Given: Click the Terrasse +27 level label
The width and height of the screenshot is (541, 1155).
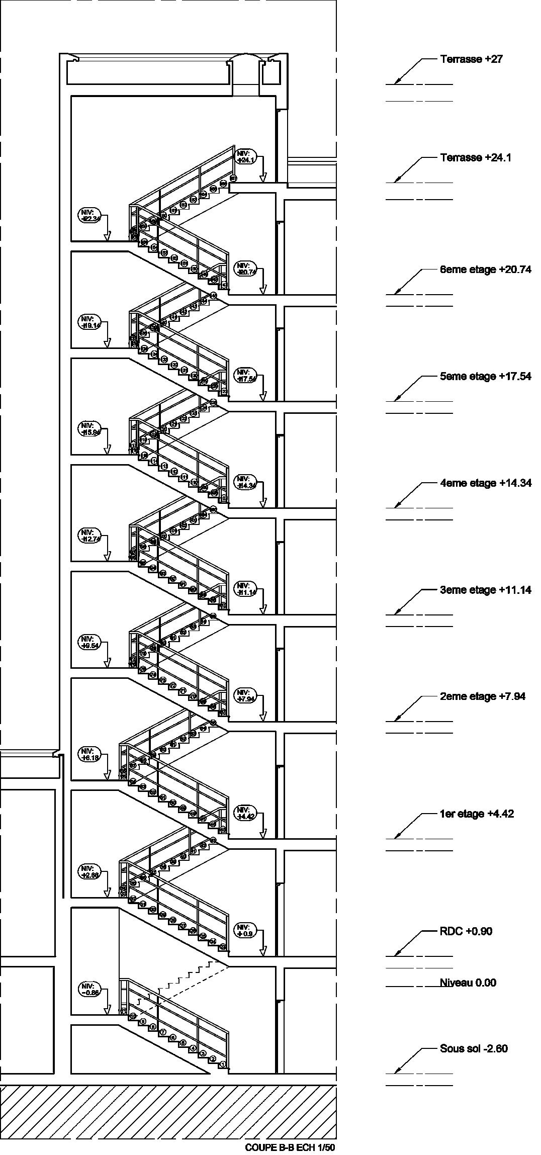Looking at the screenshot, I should pos(471,59).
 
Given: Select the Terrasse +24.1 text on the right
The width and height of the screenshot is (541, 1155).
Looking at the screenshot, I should pos(476,158).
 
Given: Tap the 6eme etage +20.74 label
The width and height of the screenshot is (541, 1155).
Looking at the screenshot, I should pos(485,270).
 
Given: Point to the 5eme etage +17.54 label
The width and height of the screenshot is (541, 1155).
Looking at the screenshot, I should pos(485,377).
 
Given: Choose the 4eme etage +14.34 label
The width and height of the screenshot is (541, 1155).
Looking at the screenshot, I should pos(485,483).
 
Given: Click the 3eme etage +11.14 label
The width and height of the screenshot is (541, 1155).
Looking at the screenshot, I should pos(485,590).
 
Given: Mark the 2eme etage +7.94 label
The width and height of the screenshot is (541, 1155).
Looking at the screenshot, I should pos(483,696).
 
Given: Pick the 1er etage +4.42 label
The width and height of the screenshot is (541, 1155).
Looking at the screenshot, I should pos(477,814).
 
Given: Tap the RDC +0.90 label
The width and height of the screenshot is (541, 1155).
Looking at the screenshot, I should pos(466,931).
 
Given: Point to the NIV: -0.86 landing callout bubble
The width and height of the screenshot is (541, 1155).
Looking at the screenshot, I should pos(89,989).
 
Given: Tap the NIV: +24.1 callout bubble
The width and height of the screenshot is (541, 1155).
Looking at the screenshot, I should pos(246,157).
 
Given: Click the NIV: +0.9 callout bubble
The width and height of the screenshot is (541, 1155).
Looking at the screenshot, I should pos(246,930).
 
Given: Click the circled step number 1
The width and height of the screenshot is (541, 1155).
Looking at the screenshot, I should pos(224,1064).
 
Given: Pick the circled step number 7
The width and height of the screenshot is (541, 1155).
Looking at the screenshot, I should pos(163,1032).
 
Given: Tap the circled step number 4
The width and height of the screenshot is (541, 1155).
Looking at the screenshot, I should pos(193,1048).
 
